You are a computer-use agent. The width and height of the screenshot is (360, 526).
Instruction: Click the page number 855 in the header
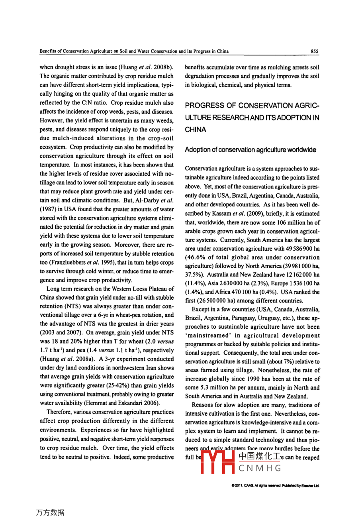pos(315,51)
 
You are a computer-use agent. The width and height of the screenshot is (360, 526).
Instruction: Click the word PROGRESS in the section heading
pos(205,106)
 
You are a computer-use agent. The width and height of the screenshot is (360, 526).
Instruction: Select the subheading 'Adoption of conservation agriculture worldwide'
pos(250,150)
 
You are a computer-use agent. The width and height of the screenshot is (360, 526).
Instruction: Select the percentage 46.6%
pos(196,258)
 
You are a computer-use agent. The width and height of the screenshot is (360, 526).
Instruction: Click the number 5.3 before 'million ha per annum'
pos(204,388)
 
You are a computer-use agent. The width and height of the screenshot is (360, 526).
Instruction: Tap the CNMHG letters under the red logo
pos(260,468)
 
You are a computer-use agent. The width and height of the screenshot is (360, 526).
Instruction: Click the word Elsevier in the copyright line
pos(307,486)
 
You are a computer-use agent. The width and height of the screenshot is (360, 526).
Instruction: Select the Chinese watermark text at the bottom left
pos(50,513)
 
